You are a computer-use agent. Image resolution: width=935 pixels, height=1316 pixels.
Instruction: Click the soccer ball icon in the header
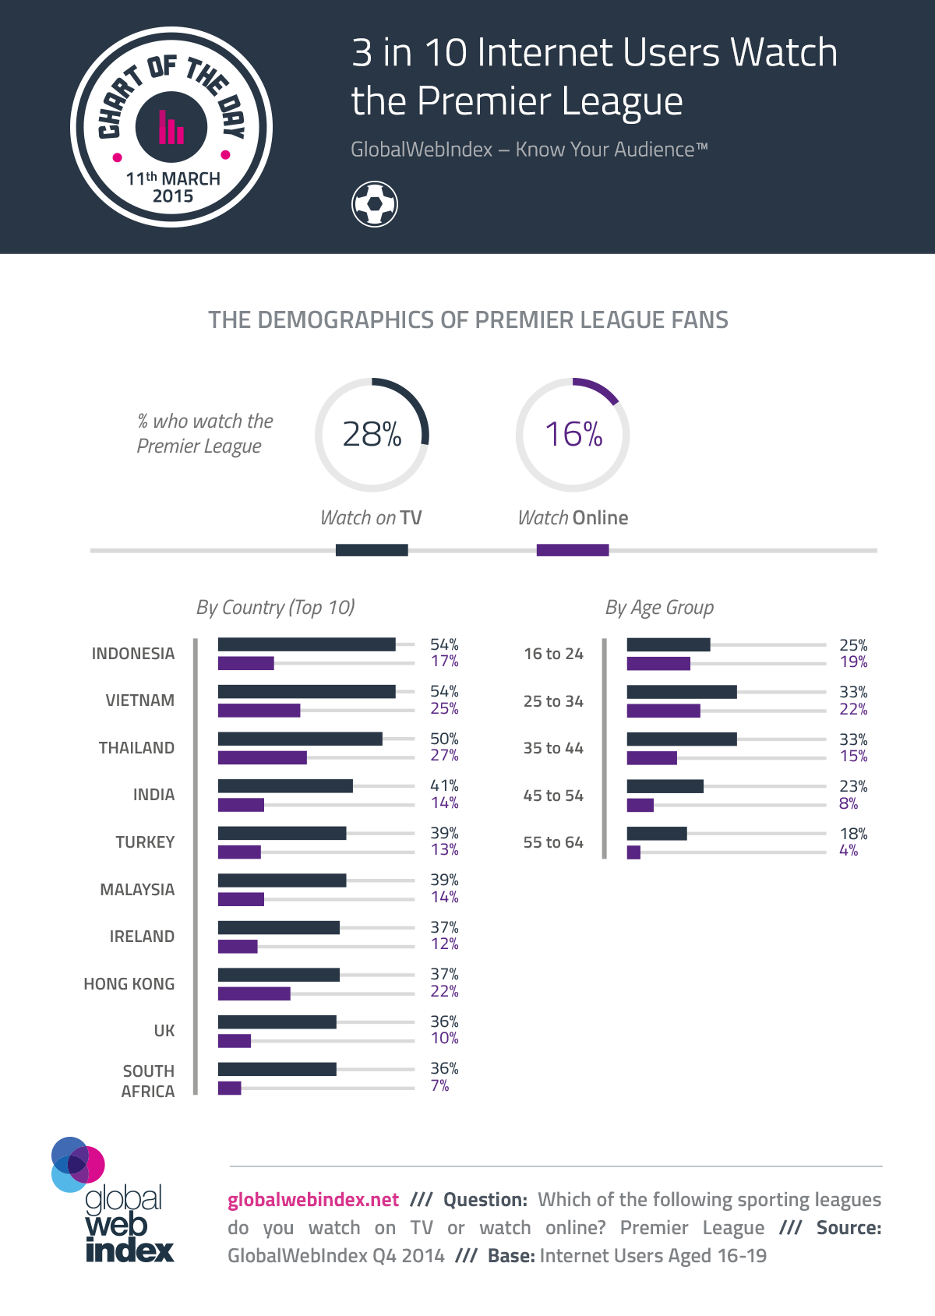click(x=375, y=204)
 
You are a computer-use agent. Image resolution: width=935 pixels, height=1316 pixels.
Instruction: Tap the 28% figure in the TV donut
click(x=372, y=435)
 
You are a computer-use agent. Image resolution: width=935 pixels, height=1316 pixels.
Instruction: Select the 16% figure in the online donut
click(x=573, y=435)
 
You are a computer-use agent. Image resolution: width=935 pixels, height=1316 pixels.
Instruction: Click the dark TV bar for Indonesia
click(x=306, y=644)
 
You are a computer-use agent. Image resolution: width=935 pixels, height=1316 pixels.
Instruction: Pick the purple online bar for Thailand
click(x=262, y=757)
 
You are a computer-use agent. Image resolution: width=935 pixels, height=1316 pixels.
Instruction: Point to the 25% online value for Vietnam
click(x=444, y=709)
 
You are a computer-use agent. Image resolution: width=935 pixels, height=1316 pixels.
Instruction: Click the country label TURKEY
click(x=145, y=842)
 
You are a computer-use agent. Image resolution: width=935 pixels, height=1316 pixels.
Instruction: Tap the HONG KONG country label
click(x=129, y=984)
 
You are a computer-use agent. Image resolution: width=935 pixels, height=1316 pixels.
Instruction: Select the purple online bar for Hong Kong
click(x=254, y=993)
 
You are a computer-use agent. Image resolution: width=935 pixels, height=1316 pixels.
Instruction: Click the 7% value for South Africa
click(x=439, y=1085)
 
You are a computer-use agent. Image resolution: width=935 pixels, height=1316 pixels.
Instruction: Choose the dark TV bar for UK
click(x=277, y=1021)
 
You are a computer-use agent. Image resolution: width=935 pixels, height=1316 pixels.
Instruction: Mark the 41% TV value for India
click(x=444, y=785)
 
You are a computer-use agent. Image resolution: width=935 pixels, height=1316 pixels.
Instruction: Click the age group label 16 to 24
click(x=553, y=654)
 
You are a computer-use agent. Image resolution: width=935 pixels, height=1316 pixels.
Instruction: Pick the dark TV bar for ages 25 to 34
click(x=682, y=692)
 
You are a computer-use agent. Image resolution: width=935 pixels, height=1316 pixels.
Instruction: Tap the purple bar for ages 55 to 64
click(x=633, y=852)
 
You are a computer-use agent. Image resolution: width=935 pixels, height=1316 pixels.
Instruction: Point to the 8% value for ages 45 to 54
click(x=848, y=803)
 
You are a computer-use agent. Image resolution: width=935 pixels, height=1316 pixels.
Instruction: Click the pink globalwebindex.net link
click(x=313, y=1200)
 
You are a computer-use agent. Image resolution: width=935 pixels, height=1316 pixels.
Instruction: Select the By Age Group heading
click(x=659, y=608)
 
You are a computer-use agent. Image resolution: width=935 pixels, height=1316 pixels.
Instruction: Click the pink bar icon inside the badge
click(x=171, y=128)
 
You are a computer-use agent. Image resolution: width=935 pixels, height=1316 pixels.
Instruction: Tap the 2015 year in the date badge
click(x=173, y=196)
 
